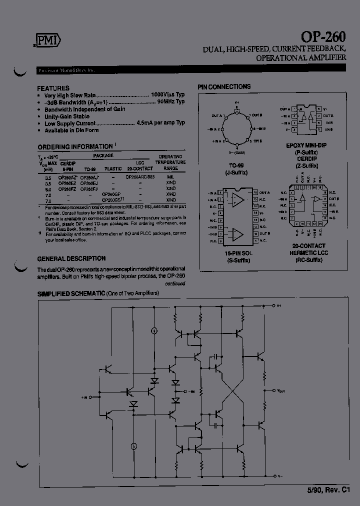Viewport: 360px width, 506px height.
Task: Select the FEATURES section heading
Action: pyautogui.click(x=53, y=87)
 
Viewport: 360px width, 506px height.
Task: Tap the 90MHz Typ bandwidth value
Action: pyautogui.click(x=170, y=101)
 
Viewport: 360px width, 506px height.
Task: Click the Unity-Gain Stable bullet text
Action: pyautogui.click(x=67, y=116)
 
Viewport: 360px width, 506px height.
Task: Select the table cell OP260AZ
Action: pyautogui.click(x=68, y=177)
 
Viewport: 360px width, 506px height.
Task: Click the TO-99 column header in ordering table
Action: pyautogui.click(x=89, y=169)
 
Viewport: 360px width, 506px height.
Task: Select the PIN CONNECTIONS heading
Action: pyautogui.click(x=224, y=87)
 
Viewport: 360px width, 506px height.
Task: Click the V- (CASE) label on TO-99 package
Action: pyautogui.click(x=238, y=152)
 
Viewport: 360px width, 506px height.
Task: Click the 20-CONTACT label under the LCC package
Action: pyautogui.click(x=309, y=245)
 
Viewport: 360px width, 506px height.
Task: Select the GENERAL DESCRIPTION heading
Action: pyautogui.click(x=71, y=258)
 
